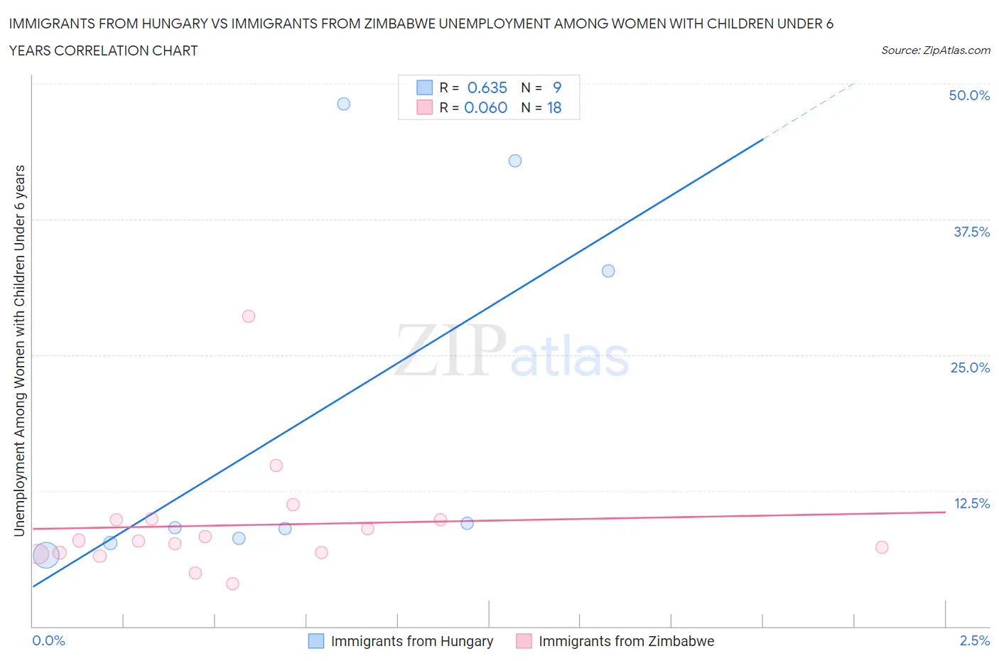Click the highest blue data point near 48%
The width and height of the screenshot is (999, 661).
pos(343,104)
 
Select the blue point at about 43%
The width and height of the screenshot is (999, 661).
pos(515,161)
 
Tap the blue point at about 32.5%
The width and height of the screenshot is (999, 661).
pos(608,271)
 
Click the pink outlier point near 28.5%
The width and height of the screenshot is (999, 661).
pos(249,316)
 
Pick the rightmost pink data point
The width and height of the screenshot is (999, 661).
pos(882,547)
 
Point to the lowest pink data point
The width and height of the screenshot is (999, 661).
pos(232,584)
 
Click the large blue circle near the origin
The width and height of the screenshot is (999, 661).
pos(45,554)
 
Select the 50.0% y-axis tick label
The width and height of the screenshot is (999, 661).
pos(969,95)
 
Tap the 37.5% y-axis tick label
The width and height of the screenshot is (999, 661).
pos(971,232)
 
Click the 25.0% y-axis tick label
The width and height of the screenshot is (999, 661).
pos(970,367)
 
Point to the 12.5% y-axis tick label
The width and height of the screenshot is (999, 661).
pos(971,503)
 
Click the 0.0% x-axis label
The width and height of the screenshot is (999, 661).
pos(49,640)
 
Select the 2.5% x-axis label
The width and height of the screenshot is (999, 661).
pos(974,640)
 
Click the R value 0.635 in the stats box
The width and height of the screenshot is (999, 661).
pos(487,87)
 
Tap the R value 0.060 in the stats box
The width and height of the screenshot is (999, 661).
pos(485,107)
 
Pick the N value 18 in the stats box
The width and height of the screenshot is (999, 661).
pos(554,107)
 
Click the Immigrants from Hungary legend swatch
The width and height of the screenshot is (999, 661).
pos(316,641)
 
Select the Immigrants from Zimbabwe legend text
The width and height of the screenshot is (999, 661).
pos(626,641)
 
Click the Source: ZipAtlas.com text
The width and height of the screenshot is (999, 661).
pos(935,50)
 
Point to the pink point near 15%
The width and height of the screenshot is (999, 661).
pos(276,466)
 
